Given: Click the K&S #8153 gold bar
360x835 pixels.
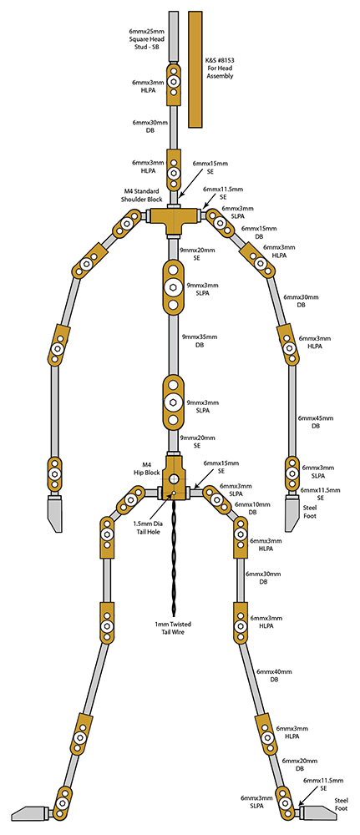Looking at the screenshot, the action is click(195, 69).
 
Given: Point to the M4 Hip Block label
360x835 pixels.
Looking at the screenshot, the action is click(147, 468).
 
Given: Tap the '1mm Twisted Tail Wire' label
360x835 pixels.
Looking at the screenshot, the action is click(173, 628).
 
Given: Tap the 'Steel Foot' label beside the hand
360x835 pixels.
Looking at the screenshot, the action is click(310, 511).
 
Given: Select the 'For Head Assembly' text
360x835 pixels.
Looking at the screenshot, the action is click(220, 73).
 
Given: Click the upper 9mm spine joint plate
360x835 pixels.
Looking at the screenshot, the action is click(173, 286).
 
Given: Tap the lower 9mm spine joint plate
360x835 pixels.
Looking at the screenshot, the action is click(173, 402).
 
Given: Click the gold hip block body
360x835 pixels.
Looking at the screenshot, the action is click(174, 478).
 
